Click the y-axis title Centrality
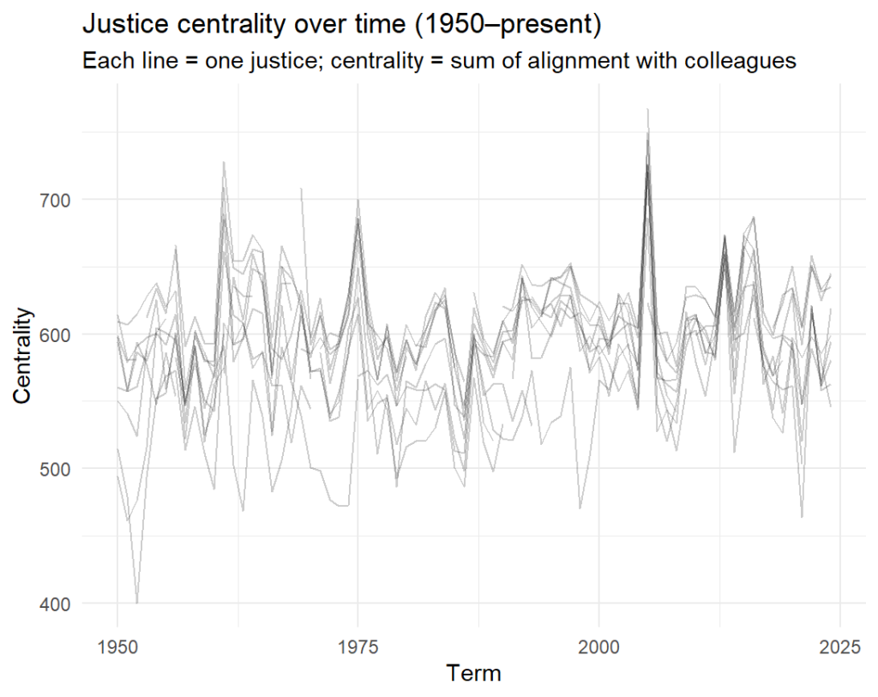(24, 355)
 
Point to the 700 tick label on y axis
(60, 201)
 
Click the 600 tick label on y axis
(60, 334)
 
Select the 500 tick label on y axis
(60, 469)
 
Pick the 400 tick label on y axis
(60, 604)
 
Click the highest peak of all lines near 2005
(647, 110)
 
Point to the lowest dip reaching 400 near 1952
(136, 603)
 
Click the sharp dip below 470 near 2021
(802, 517)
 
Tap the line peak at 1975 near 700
(358, 201)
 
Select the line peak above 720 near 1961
(224, 162)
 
